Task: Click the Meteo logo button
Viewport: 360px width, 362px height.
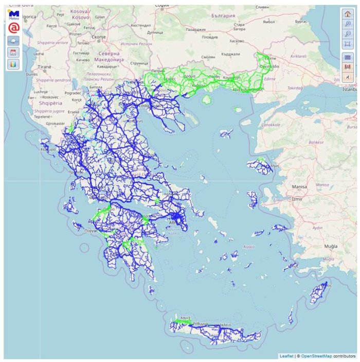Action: point(14,14)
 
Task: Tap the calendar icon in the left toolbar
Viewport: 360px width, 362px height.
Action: point(14,53)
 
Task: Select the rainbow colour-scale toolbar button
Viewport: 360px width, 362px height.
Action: point(14,65)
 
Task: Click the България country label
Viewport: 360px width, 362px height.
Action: point(223,16)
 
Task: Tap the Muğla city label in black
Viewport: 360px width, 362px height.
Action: point(330,246)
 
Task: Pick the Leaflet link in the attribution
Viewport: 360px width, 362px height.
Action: point(285,356)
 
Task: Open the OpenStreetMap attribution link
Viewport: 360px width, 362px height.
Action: point(316,356)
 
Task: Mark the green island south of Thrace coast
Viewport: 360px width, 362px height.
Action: point(207,98)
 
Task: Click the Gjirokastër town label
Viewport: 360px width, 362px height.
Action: point(56,124)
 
